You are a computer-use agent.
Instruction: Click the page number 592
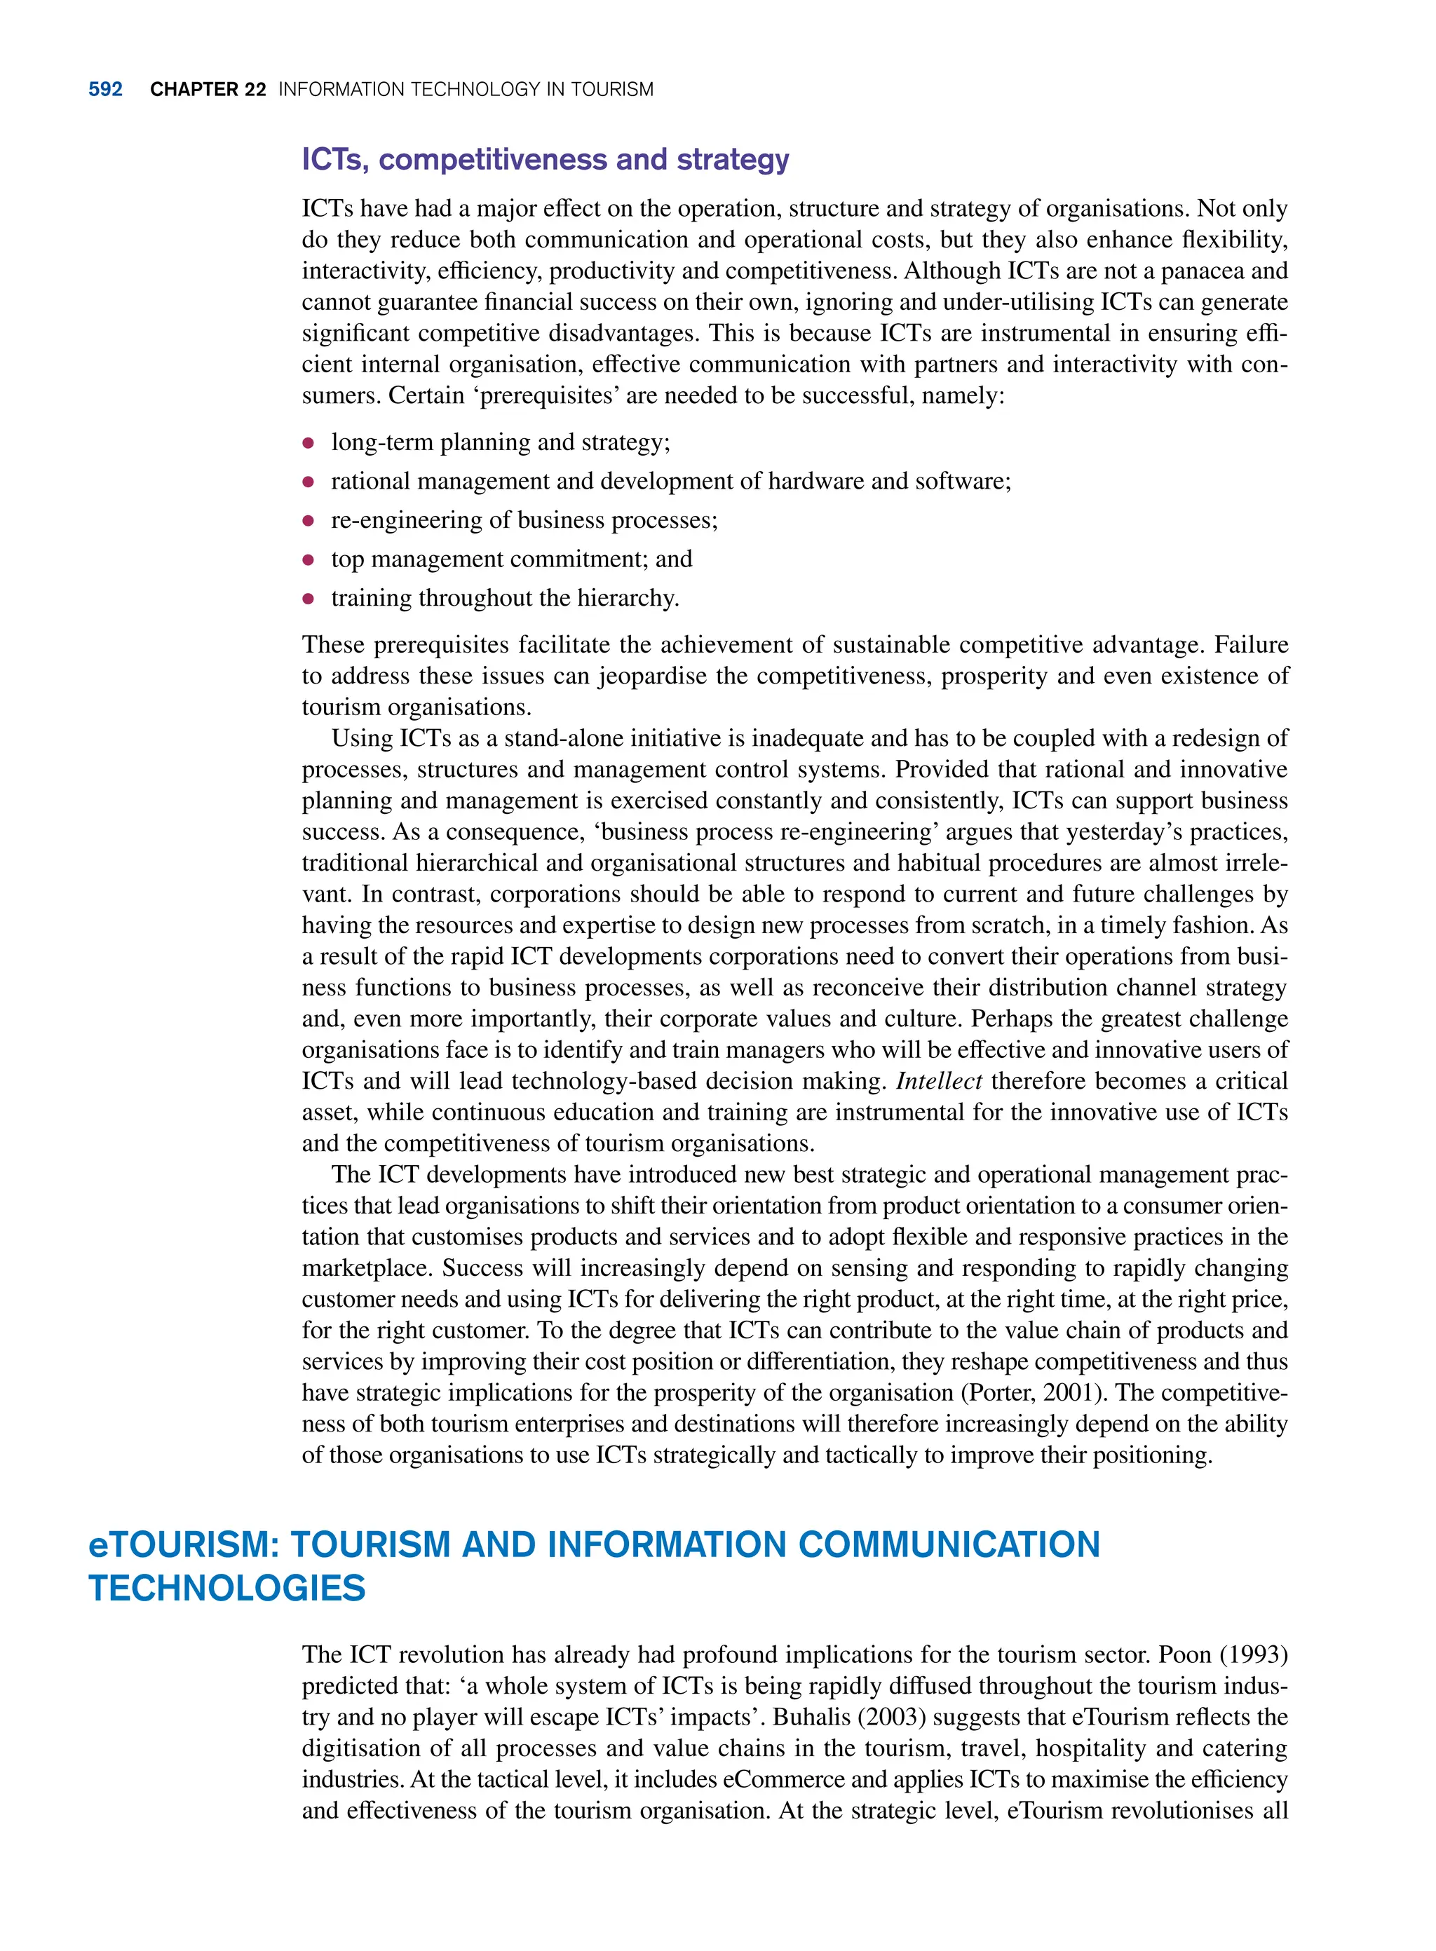coord(105,90)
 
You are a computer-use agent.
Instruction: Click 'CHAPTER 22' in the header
coord(208,90)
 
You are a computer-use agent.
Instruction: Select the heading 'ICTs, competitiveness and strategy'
coord(545,160)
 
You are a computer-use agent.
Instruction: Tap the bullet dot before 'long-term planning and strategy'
coord(308,443)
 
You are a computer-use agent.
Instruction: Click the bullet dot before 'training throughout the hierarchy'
coord(308,599)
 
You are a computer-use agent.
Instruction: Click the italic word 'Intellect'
coord(939,1081)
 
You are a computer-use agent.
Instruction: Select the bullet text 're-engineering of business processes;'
coord(524,521)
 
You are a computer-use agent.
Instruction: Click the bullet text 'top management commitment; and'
coord(511,559)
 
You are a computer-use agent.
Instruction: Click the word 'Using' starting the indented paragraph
coord(362,739)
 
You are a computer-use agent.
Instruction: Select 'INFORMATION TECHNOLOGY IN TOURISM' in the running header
coord(466,90)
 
